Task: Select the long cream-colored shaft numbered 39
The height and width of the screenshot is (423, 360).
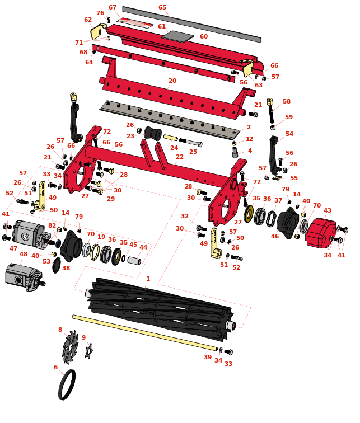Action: click(144, 332)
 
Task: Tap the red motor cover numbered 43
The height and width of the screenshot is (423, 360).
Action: click(321, 233)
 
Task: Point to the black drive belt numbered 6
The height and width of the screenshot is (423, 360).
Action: click(67, 385)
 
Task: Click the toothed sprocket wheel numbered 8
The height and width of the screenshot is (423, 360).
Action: click(70, 346)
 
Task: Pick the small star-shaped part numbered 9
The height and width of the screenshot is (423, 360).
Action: click(89, 351)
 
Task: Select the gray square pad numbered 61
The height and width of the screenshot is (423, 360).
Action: click(178, 36)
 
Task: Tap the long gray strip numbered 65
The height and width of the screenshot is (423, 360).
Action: click(191, 24)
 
